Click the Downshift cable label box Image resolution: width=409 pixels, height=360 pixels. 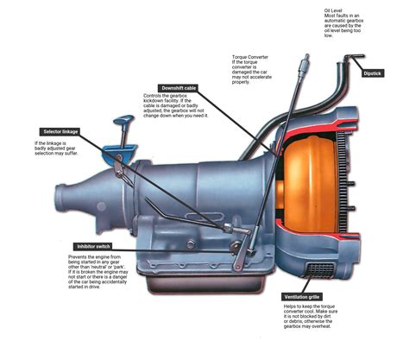point(179,88)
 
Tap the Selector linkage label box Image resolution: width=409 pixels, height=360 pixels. point(60,132)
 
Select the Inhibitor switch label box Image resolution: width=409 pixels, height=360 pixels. point(93,247)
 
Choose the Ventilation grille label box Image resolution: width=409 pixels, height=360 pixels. point(302,297)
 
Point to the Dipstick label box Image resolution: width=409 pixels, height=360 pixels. point(372,73)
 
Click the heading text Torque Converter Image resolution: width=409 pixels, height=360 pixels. point(250,57)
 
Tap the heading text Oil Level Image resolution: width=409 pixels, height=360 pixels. point(333,10)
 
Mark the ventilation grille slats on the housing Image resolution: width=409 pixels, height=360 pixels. point(320,270)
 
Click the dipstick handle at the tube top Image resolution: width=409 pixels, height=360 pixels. point(355,56)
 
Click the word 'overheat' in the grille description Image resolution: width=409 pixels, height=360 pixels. point(322,326)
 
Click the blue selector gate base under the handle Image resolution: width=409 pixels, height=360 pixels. point(119,154)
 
